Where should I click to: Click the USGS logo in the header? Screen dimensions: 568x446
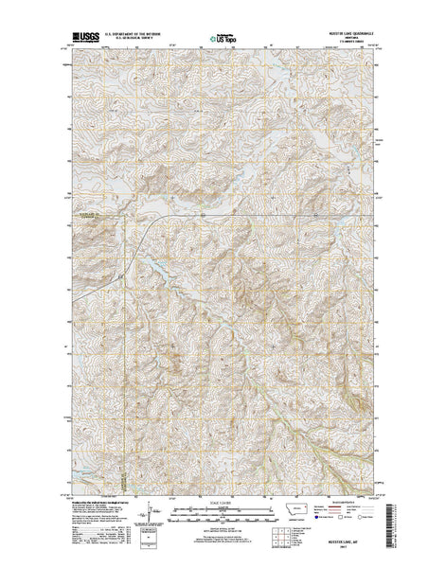[x=73, y=41]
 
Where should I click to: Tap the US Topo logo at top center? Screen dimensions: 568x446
[x=223, y=41]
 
